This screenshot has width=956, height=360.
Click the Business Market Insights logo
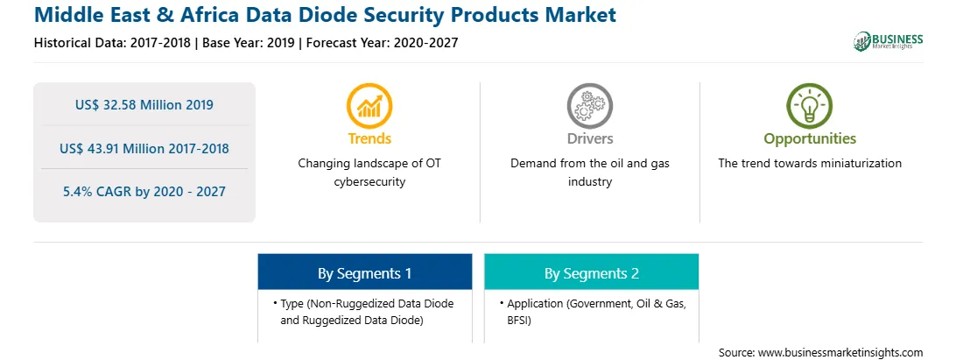pos(889,41)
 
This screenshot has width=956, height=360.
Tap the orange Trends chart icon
pos(369,106)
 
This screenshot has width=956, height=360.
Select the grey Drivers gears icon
pos(589,106)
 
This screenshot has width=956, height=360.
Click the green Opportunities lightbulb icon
pos(810,106)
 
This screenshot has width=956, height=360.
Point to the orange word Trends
pos(369,138)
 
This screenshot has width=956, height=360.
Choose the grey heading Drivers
pos(589,138)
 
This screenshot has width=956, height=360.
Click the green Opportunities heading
pos(810,139)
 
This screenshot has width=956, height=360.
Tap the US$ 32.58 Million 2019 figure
pos(144,105)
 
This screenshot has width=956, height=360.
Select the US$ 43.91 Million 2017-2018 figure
pos(144,148)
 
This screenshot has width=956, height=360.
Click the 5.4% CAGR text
pos(144,192)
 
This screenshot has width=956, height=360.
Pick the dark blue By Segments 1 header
pos(364,272)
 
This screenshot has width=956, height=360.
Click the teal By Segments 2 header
pos(592,272)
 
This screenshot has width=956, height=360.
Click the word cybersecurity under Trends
pos(369,182)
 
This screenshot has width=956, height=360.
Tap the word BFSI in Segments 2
pos(519,320)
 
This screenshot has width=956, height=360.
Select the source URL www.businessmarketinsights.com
pos(840,353)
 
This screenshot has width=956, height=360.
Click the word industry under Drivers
pos(589,182)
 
